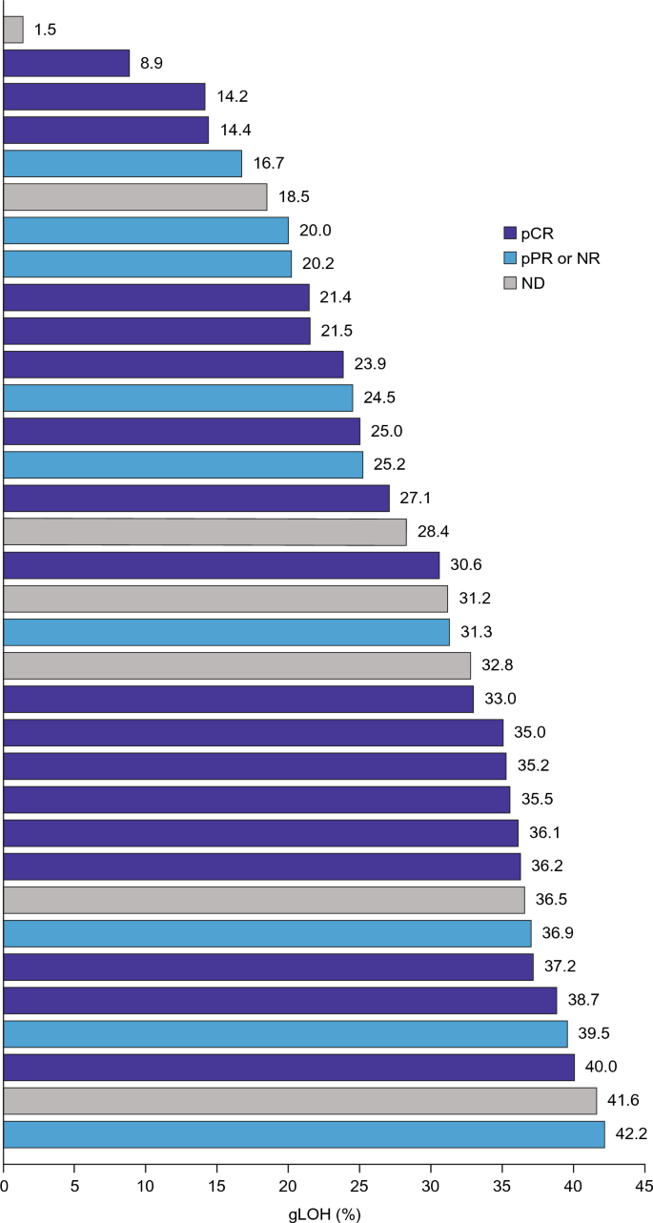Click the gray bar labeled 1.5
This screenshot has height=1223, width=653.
click(x=13, y=30)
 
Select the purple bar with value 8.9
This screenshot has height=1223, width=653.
click(x=67, y=63)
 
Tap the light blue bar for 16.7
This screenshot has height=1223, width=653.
click(x=123, y=163)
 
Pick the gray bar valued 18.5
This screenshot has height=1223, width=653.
click(x=135, y=197)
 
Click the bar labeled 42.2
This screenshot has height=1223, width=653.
click(x=304, y=1134)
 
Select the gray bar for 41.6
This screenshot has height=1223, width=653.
click(x=300, y=1101)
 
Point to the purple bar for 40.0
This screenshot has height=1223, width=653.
click(x=290, y=1068)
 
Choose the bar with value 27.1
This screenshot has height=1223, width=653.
click(x=196, y=499)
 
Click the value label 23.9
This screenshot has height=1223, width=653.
click(x=370, y=363)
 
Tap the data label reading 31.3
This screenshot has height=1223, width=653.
click(x=476, y=632)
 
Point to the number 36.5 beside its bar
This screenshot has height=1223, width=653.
click(x=551, y=899)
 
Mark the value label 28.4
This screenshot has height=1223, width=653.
click(x=433, y=531)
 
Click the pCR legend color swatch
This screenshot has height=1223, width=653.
click(x=510, y=234)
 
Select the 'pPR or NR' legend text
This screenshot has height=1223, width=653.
click(x=561, y=258)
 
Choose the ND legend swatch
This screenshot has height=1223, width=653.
click(x=510, y=283)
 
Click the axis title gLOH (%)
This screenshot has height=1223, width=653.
click(x=324, y=1213)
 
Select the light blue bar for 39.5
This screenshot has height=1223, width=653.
click(x=286, y=1034)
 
